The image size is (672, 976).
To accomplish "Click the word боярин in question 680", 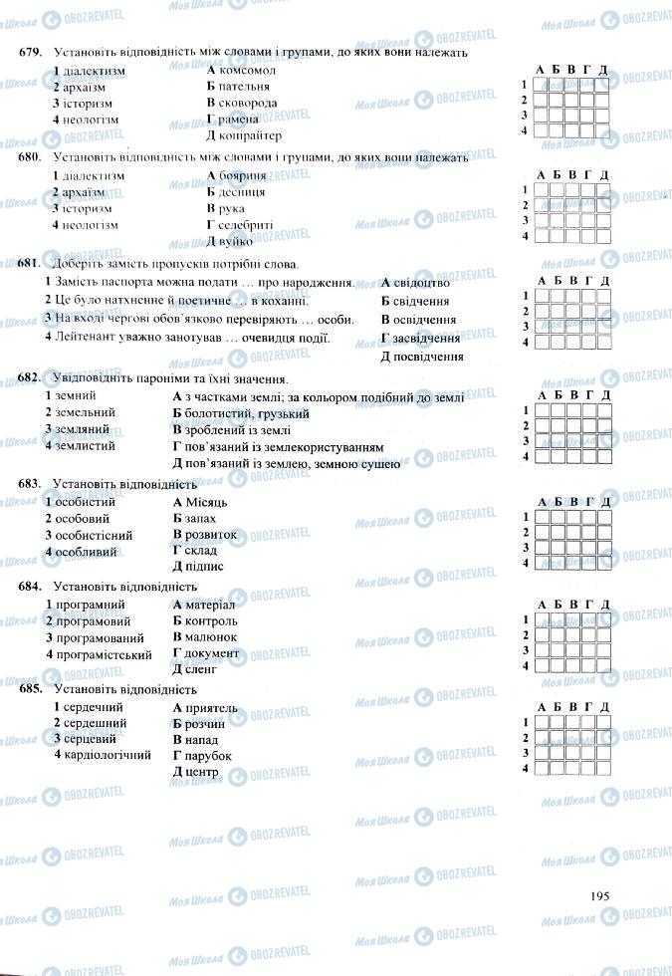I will pyautogui.click(x=240, y=175).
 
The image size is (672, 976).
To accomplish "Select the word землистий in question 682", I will pyautogui.click(x=86, y=445).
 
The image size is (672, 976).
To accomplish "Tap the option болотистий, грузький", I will pyautogui.click(x=247, y=412).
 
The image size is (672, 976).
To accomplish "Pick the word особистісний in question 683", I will pyautogui.click(x=93, y=534).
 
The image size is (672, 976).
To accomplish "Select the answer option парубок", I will pyautogui.click(x=208, y=756).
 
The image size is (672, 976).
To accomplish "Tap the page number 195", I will pyautogui.click(x=599, y=895).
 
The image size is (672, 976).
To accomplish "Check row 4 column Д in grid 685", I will pyautogui.click(x=604, y=769).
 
